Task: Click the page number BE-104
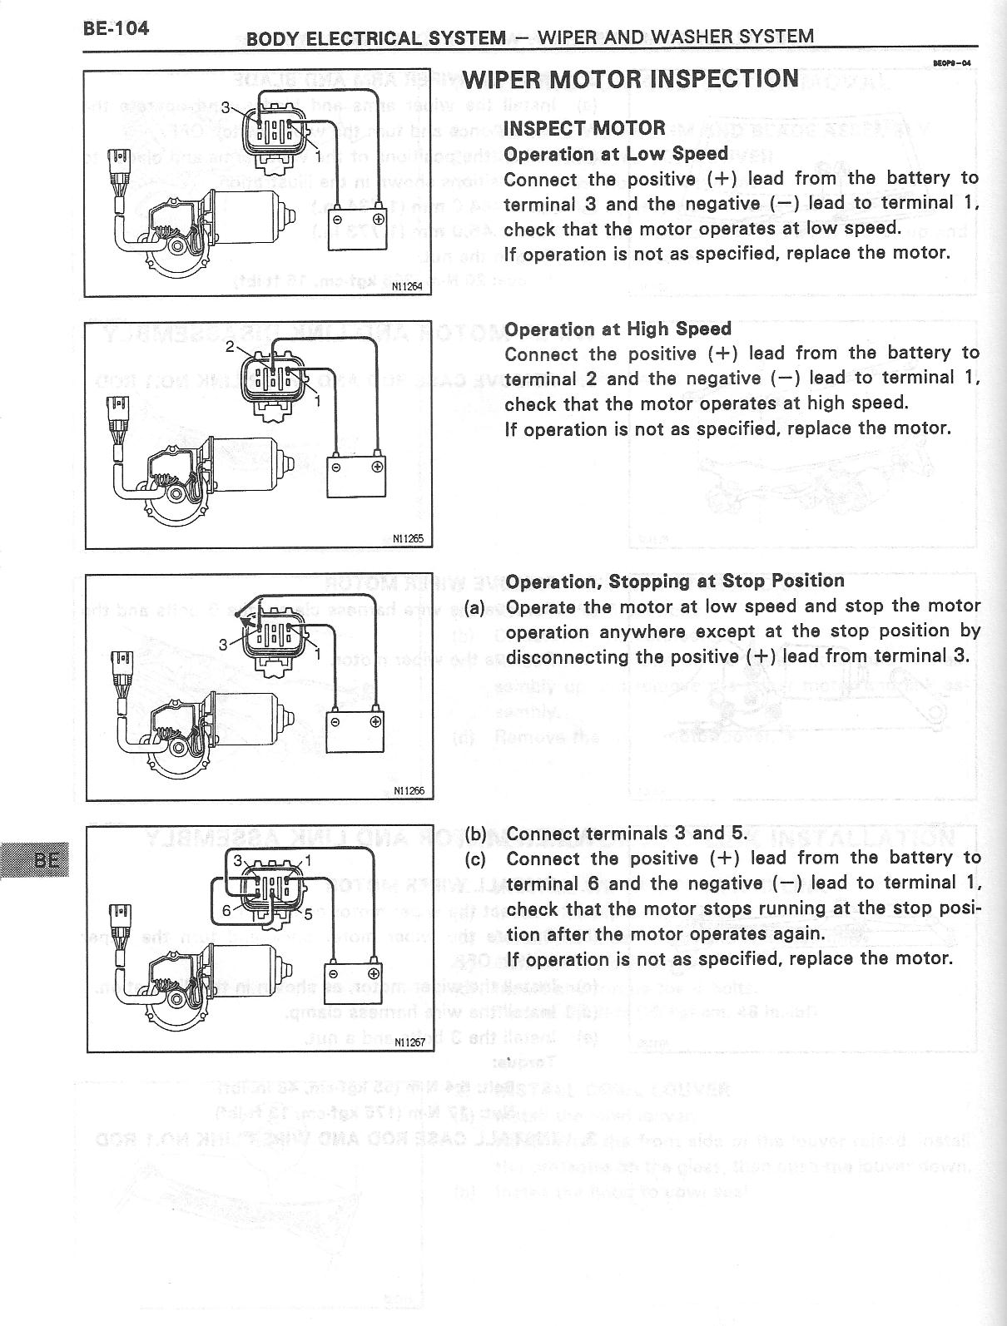pyautogui.click(x=116, y=28)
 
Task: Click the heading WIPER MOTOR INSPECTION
pyautogui.click(x=631, y=79)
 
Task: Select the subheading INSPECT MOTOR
pyautogui.click(x=584, y=128)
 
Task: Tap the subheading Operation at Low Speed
pyautogui.click(x=616, y=154)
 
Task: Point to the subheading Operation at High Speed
pyautogui.click(x=618, y=329)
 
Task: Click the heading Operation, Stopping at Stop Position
pyautogui.click(x=675, y=581)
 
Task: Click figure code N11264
pyautogui.click(x=408, y=287)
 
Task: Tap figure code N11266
pyautogui.click(x=409, y=790)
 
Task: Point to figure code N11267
pyautogui.click(x=409, y=1042)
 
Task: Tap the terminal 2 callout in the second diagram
pyautogui.click(x=230, y=347)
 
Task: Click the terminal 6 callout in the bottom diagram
pyautogui.click(x=226, y=911)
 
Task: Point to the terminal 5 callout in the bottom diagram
pyautogui.click(x=307, y=915)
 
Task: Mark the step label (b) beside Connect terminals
pyautogui.click(x=475, y=834)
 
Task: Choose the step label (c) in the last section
pyautogui.click(x=475, y=858)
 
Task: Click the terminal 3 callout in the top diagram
pyautogui.click(x=225, y=106)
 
